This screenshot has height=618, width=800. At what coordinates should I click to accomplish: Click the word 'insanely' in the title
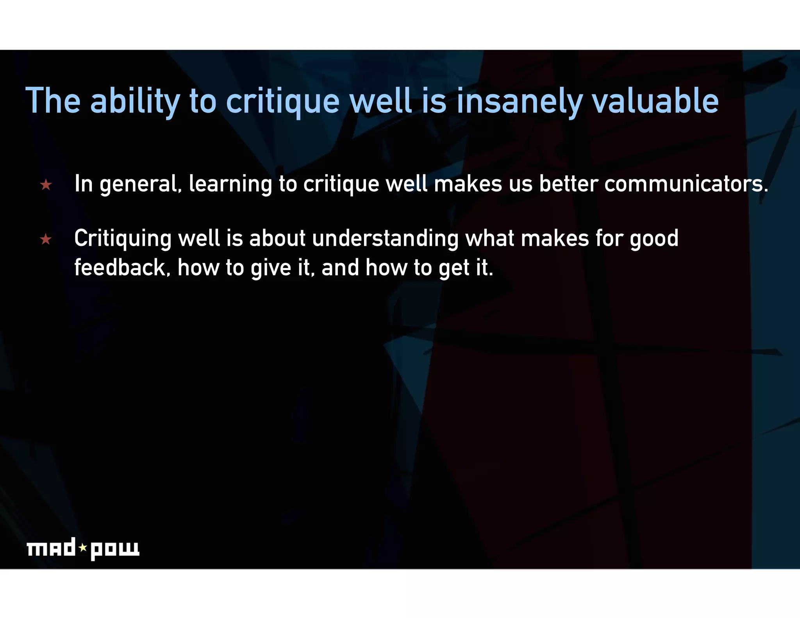pos(520,102)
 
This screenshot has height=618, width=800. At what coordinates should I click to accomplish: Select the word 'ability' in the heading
pos(135,102)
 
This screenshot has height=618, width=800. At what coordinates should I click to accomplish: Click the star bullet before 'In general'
pos(46,184)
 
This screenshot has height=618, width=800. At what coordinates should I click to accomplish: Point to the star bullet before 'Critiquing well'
pos(46,239)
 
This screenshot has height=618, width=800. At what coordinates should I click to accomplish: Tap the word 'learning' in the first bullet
pos(230,184)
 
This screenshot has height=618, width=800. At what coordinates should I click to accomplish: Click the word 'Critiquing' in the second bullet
pos(123,239)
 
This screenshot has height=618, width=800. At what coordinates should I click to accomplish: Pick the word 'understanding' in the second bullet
pos(385,239)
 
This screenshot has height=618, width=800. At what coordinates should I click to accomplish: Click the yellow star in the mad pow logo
pos(83,547)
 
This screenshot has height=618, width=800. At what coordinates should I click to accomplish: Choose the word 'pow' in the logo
pos(115,549)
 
